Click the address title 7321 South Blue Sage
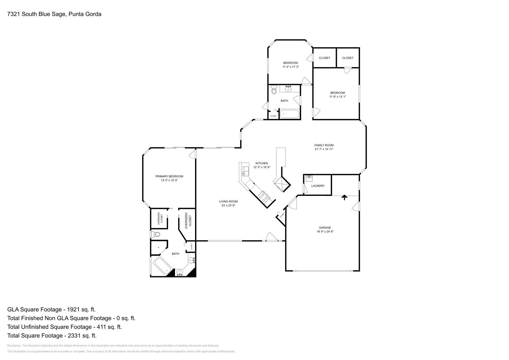pyautogui.click(x=54, y=14)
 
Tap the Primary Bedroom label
pyautogui.click(x=169, y=176)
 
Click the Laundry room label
pyautogui.click(x=318, y=186)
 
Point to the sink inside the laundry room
pyautogui.click(x=309, y=178)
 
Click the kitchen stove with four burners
pyautogui.click(x=263, y=196)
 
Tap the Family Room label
pyautogui.click(x=324, y=145)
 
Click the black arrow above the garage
pyautogui.click(x=344, y=197)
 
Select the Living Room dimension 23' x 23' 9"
pyautogui.click(x=228, y=205)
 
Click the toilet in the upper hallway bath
pyautogui.click(x=274, y=90)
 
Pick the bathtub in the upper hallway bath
pyautogui.click(x=289, y=114)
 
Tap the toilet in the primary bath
pyautogui.click(x=156, y=235)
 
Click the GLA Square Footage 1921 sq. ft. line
pyautogui.click(x=52, y=309)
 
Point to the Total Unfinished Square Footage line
pyautogui.click(x=65, y=327)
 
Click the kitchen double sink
pyautogui.click(x=245, y=170)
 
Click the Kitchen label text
pyautogui.click(x=261, y=163)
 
